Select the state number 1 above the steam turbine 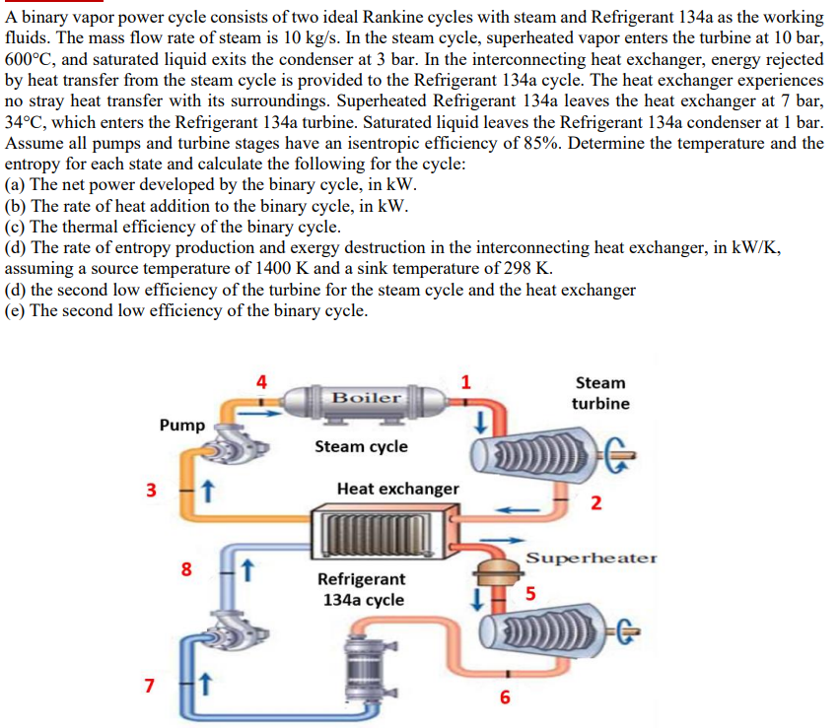[x=466, y=382]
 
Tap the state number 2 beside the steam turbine [x=595, y=504]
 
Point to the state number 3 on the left [x=151, y=491]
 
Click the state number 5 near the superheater [x=531, y=593]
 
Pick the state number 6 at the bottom [x=506, y=698]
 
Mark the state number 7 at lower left [x=151, y=684]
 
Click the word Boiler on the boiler [x=367, y=398]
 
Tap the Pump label [x=182, y=425]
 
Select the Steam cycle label [x=361, y=446]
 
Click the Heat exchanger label [x=397, y=489]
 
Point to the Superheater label [x=591, y=558]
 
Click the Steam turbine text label [x=600, y=393]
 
